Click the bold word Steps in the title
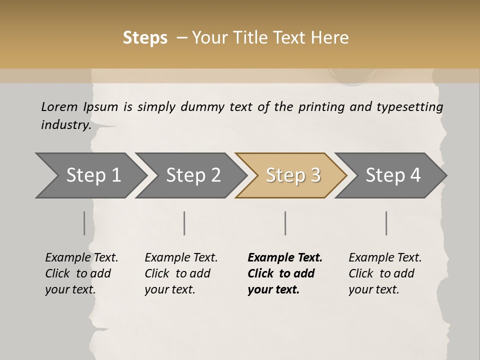pos(145,38)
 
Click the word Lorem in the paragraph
pos(59,106)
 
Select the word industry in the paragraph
pos(65,124)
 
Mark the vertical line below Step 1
pos(84,223)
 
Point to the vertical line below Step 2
pos(184,223)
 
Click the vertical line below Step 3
pos(285,223)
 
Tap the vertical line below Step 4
pos(386,223)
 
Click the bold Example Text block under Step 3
pos(284,273)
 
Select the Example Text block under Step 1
pos(81,273)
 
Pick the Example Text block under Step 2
pos(181,273)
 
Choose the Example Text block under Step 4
pos(385,273)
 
